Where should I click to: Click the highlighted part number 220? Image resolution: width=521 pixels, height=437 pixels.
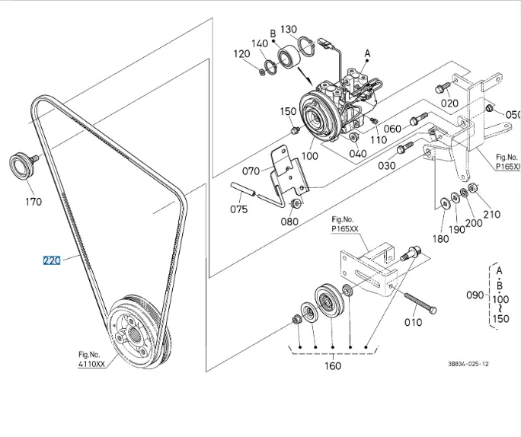tap(51, 260)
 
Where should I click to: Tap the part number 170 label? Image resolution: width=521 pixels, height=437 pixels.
tap(34, 202)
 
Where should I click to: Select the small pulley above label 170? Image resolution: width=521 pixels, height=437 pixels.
tap(20, 164)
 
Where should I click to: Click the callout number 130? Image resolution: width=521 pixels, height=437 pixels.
tap(289, 30)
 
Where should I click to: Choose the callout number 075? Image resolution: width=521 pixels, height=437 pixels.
tap(239, 209)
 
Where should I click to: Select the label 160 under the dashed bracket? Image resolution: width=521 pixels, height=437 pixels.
tap(332, 365)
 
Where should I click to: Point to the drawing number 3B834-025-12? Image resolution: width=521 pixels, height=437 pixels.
tap(468, 364)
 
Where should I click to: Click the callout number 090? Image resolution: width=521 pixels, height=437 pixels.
tap(474, 295)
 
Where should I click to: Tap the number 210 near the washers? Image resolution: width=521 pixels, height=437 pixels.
tap(491, 214)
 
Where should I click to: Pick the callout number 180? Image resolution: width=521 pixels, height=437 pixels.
tap(441, 238)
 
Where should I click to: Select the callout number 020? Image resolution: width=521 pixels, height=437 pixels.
tap(450, 103)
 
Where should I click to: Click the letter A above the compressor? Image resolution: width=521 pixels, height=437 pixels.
tap(367, 53)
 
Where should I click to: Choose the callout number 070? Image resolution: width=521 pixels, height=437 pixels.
tap(251, 171)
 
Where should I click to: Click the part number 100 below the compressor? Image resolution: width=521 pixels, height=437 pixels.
tap(309, 156)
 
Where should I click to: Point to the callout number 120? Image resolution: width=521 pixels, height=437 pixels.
tap(241, 54)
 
